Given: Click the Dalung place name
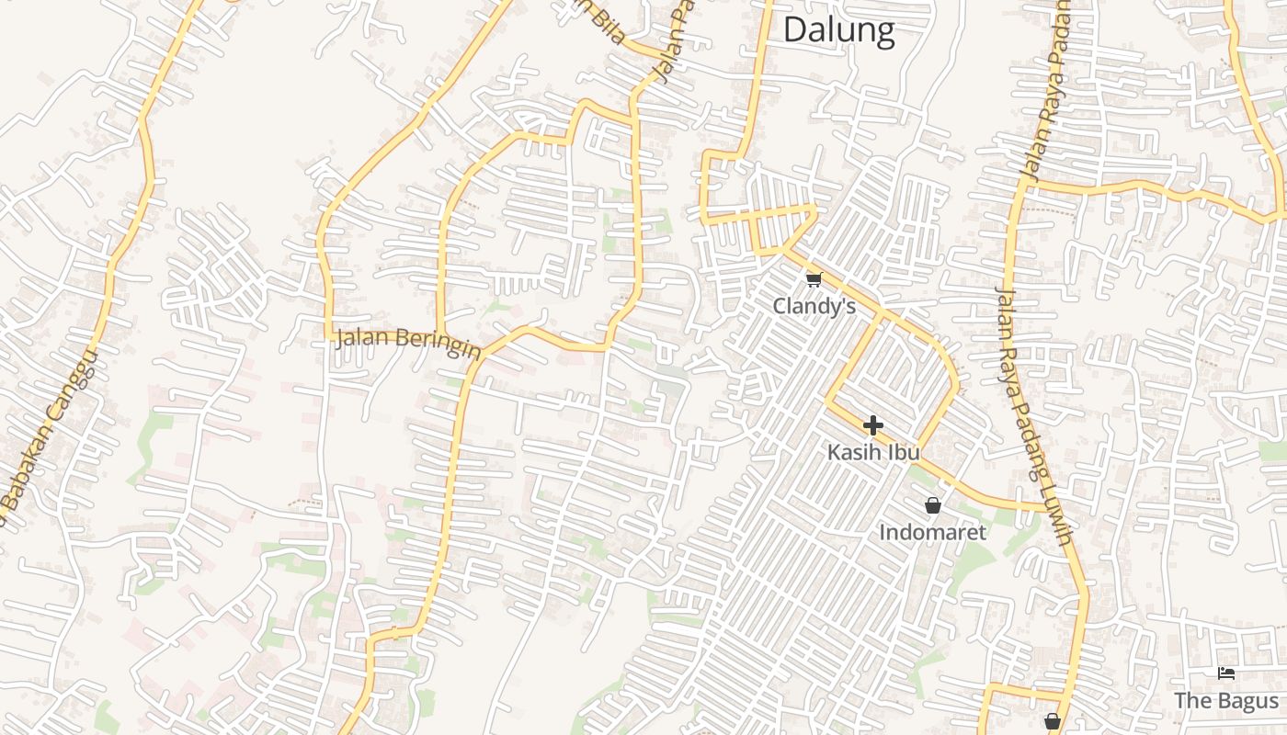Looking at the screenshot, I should point(838,30).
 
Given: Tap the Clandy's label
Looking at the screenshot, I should point(814,306).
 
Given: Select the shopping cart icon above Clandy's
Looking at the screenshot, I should point(813,279).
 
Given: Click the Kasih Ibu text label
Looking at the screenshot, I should point(873,452).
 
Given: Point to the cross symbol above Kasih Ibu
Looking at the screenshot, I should point(873,425).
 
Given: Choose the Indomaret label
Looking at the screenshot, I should point(932,532).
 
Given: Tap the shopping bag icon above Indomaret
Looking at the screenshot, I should point(933,505).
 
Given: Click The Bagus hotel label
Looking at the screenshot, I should point(1225,701).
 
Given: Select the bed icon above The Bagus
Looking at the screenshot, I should point(1225,673).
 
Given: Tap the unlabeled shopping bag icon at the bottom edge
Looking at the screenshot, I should point(1053,721).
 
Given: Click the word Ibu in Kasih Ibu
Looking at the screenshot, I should point(904,452).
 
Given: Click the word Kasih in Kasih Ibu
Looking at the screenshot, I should point(855,452).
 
